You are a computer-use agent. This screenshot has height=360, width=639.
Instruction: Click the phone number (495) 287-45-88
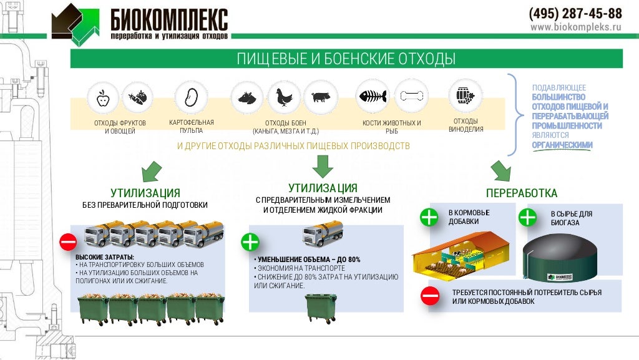[x=575, y=13]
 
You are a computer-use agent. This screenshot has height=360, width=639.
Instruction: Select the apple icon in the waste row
[x=102, y=97]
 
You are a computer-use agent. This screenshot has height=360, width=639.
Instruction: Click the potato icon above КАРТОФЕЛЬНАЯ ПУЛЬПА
[x=191, y=97]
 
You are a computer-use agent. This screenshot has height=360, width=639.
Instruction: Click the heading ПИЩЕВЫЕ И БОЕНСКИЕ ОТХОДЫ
[x=346, y=59]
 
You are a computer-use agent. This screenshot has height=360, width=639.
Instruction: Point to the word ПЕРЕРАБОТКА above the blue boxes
[x=522, y=193]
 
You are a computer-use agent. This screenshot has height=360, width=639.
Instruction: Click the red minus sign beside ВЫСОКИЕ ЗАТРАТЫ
[x=68, y=242]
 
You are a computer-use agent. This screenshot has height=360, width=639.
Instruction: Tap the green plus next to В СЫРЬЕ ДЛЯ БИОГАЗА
[x=528, y=218]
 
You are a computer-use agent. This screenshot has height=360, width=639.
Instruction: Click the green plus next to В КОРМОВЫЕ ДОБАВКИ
[x=429, y=218]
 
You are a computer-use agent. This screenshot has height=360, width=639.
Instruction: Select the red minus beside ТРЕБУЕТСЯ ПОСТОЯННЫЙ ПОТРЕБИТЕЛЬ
[x=431, y=295]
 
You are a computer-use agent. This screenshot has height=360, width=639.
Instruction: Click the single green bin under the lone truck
[x=321, y=308]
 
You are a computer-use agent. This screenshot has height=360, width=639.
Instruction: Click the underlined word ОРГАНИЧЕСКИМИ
[x=562, y=145]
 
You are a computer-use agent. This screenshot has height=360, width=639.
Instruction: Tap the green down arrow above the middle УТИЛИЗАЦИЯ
[x=323, y=167]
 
